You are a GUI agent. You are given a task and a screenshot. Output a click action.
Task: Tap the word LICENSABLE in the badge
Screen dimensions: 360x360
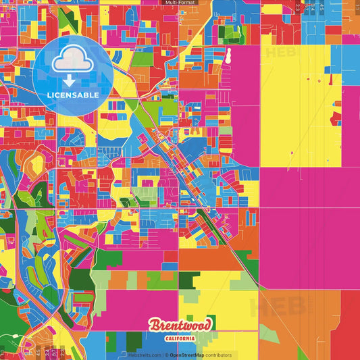[x=73, y=95]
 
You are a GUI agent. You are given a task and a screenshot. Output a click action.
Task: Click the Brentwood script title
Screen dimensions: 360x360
[x=180, y=326]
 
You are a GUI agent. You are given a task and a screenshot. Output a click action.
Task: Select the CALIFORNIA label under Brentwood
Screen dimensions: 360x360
[x=180, y=338]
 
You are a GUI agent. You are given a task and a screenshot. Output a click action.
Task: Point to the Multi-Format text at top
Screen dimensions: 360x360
[x=180, y=3]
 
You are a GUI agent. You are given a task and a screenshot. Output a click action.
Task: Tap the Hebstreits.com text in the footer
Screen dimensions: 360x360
[x=145, y=355]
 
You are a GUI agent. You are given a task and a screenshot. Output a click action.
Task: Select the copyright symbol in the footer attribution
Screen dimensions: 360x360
[x=166, y=355]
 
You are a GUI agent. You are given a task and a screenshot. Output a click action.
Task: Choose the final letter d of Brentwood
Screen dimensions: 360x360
[x=207, y=325]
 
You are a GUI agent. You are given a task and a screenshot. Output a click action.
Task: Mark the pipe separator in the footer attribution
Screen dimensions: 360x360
[x=162, y=355]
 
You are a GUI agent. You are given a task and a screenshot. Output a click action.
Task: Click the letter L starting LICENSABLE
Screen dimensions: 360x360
[x=49, y=95]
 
